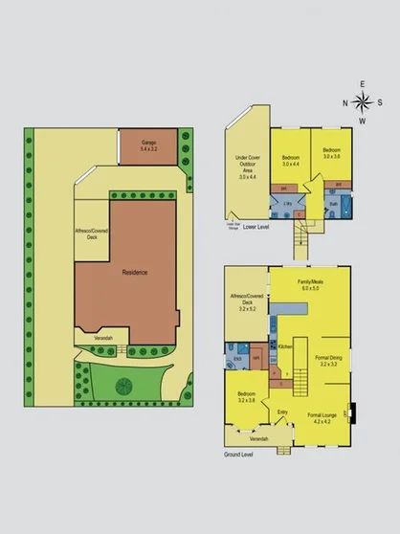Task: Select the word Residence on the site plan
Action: click(135, 273)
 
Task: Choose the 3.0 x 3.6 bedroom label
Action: click(332, 153)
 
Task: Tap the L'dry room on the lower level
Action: click(287, 204)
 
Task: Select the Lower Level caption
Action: click(256, 228)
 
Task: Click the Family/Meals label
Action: click(309, 283)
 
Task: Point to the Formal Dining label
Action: click(328, 361)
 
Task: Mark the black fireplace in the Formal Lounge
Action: click(356, 412)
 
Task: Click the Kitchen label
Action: click(284, 346)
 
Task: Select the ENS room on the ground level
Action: click(237, 362)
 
